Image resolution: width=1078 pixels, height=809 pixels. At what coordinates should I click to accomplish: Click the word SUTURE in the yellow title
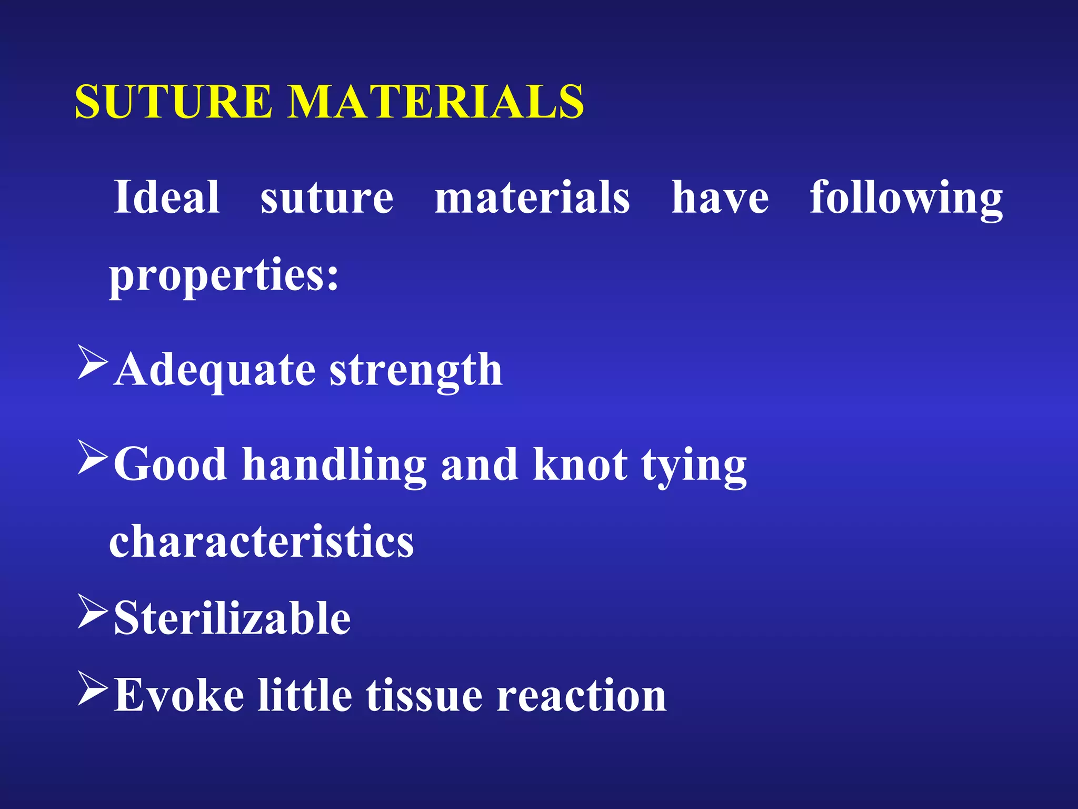point(174,101)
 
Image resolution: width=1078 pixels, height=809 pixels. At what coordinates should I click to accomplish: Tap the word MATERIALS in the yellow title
point(436,101)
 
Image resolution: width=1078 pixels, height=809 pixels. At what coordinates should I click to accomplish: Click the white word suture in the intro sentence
point(327,198)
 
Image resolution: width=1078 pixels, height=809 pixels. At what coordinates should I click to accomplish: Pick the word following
point(906,198)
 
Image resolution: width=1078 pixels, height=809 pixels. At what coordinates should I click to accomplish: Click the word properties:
point(224,275)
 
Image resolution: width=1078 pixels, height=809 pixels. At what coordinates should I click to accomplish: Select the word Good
point(170,465)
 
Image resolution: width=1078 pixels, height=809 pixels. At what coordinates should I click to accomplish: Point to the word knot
point(580,465)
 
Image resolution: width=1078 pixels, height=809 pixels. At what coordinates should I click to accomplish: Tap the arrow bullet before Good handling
point(93,457)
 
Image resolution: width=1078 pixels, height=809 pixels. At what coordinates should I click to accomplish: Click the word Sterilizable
point(232,618)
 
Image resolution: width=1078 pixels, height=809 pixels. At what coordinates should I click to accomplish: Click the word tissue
point(424,695)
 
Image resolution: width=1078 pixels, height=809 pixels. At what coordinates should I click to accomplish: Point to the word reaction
point(582,695)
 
